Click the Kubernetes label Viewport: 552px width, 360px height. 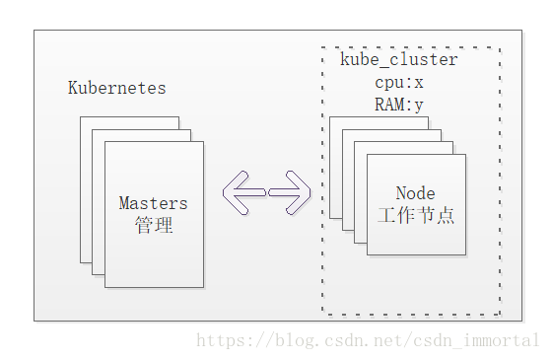point(116,88)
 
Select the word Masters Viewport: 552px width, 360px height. point(153,203)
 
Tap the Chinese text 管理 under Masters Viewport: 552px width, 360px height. point(153,225)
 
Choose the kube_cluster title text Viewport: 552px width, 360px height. point(398,60)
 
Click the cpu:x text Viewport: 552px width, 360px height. point(398,82)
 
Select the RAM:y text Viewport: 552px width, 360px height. point(398,104)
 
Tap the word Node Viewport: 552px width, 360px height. point(415,193)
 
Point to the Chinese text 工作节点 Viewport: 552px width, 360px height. point(415,215)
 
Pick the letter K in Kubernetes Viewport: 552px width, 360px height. point(72,88)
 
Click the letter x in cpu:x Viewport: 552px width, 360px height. point(418,82)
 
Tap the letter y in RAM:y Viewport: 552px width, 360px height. point(418,104)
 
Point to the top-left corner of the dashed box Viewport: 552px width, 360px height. point(322,47)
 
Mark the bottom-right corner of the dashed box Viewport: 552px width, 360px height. point(500,314)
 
